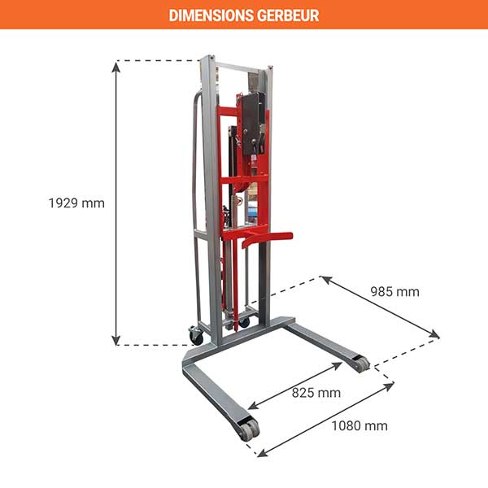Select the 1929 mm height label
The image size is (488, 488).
(x=77, y=203)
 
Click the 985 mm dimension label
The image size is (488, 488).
(x=394, y=291)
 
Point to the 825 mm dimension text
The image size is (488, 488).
(x=316, y=393)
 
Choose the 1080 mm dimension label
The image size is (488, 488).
(x=359, y=425)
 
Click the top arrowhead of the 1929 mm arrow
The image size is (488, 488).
(x=117, y=66)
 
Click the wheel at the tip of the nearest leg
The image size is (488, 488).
(x=248, y=429)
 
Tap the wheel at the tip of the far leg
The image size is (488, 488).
(x=359, y=364)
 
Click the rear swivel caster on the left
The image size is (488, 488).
(x=196, y=334)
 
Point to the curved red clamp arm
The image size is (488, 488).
(x=259, y=237)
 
